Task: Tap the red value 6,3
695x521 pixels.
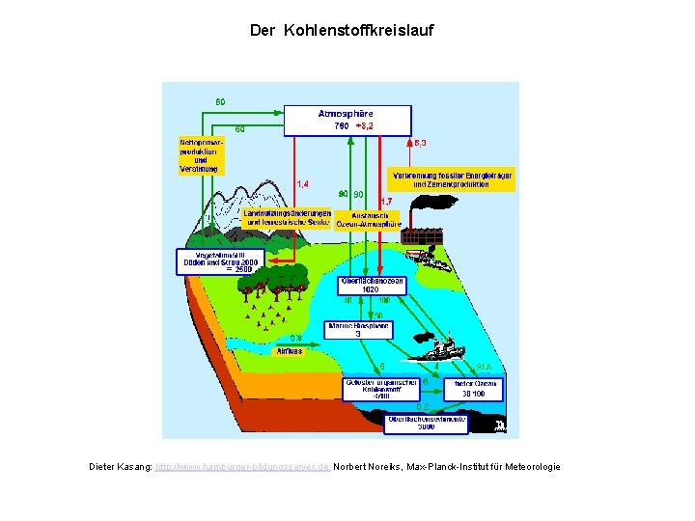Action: click(x=420, y=143)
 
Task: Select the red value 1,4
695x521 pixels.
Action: click(x=302, y=183)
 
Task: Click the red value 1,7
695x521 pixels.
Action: click(x=387, y=201)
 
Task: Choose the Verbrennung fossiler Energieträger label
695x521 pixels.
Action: click(x=452, y=179)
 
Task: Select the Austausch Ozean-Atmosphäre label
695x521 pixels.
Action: click(x=370, y=219)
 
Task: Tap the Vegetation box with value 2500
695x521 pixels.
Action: click(x=217, y=262)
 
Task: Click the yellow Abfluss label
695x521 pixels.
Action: click(x=290, y=351)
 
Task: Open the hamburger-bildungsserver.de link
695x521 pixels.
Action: click(x=243, y=467)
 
